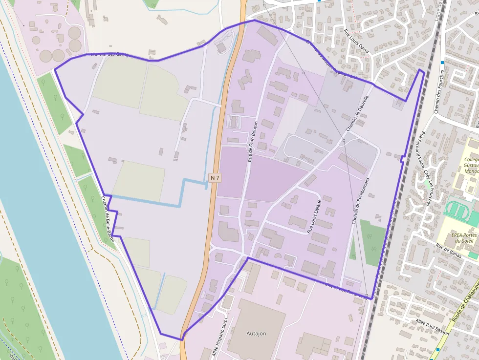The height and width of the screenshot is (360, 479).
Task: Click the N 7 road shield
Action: [x=215, y=178]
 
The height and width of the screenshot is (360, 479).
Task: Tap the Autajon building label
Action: [x=254, y=334]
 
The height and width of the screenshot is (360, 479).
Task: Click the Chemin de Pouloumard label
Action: [x=361, y=201]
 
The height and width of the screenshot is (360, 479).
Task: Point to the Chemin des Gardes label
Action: [x=110, y=55]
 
